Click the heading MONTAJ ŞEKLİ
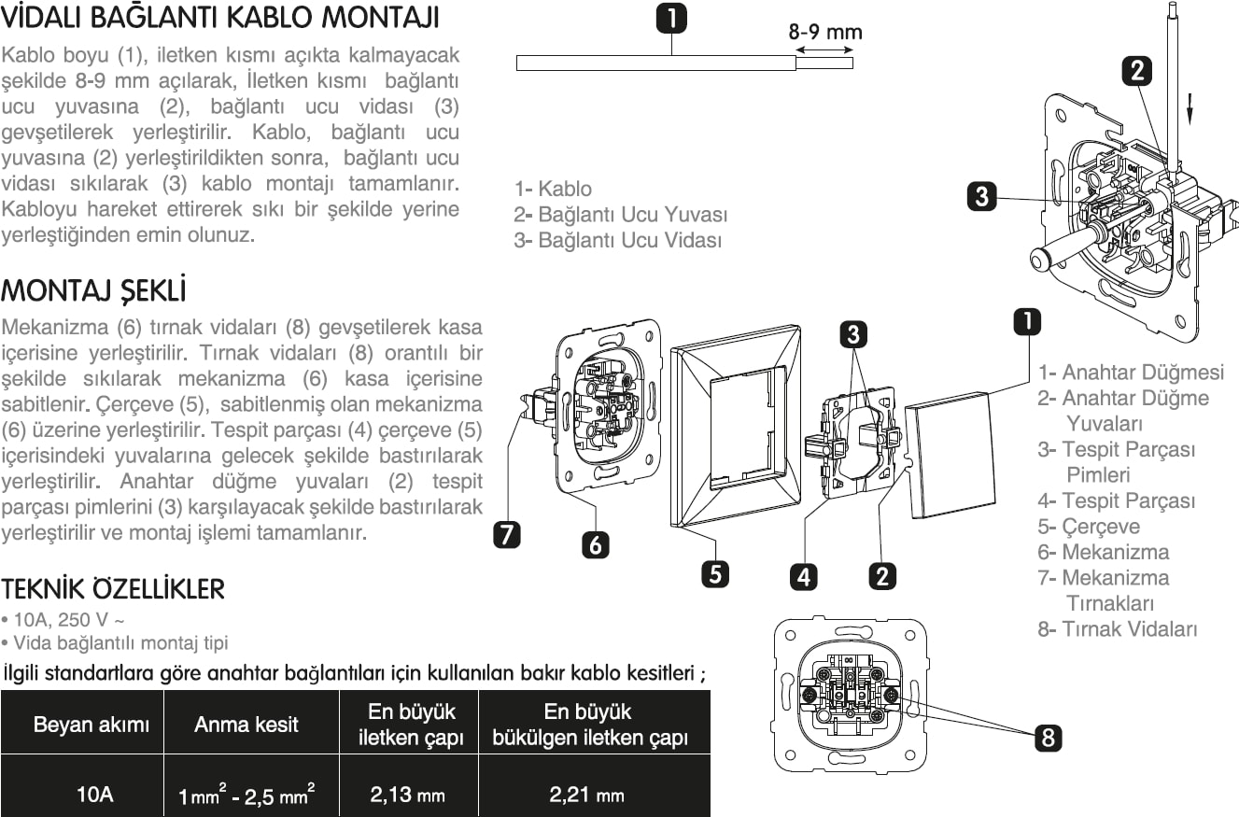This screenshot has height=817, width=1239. click(x=93, y=290)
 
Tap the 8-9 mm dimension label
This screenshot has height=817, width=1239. click(x=824, y=33)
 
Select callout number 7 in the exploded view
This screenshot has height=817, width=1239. click(x=507, y=534)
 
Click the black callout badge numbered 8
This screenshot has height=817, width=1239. click(x=1049, y=738)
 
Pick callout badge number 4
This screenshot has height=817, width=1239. click(x=804, y=575)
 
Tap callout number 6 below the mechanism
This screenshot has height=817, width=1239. click(x=596, y=543)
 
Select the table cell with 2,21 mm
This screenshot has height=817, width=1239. click(x=587, y=796)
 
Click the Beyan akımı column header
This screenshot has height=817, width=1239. click(x=91, y=724)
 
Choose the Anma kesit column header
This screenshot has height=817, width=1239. click(x=246, y=724)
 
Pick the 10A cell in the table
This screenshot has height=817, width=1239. click(x=94, y=796)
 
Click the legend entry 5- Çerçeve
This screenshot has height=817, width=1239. click(x=1089, y=526)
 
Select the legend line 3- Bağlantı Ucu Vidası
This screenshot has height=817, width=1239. click(x=618, y=240)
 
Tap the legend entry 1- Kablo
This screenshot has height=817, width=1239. click(x=553, y=189)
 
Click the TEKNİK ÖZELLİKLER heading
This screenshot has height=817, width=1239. click(x=113, y=589)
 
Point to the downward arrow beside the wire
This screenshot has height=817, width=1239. click(x=1191, y=109)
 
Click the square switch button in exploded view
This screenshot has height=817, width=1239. click(x=950, y=458)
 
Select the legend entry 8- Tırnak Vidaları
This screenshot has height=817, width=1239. click(x=1118, y=628)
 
